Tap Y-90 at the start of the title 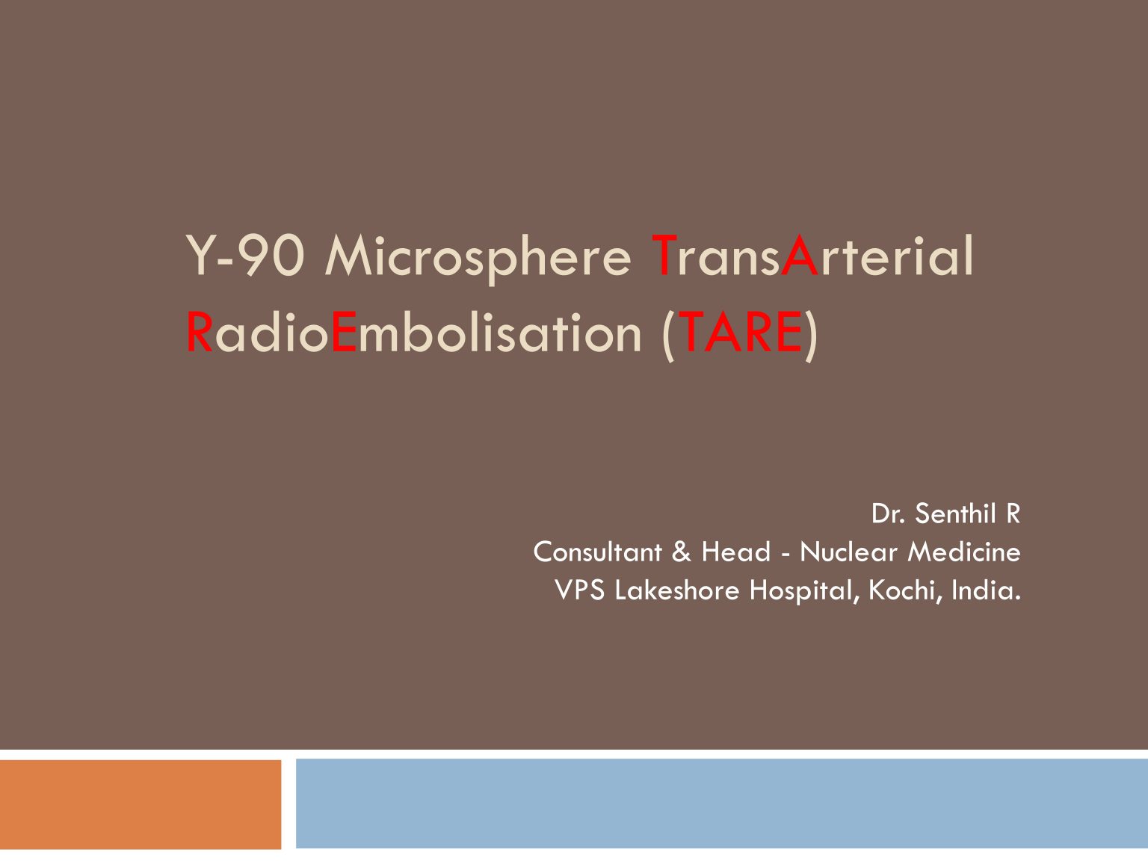pos(244,256)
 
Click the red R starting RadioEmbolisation pos(199,333)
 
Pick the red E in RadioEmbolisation pos(344,333)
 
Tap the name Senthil pos(955,513)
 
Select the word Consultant pos(597,552)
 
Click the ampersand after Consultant pos(681,552)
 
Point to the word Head pos(736,552)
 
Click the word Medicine pos(964,552)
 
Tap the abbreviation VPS pos(579,590)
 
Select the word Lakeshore pos(677,590)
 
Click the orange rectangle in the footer pos(141,804)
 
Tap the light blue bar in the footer pos(722,803)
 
